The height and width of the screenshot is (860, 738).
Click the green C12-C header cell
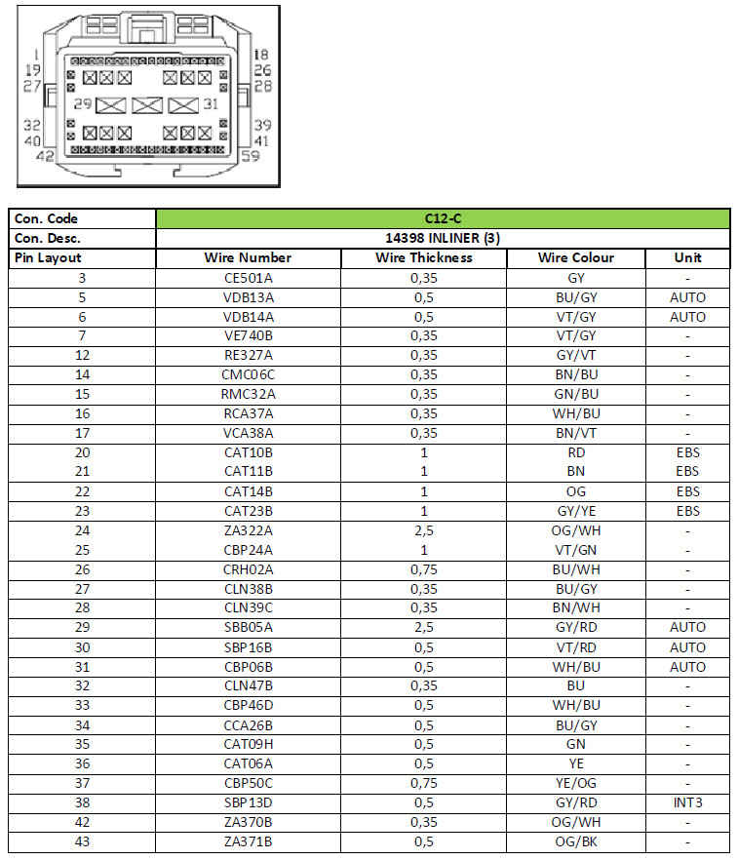(x=443, y=218)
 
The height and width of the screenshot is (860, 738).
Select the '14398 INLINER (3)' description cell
(x=443, y=238)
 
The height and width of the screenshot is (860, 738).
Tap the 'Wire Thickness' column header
(x=424, y=257)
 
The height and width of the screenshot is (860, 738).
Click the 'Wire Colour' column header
(x=575, y=257)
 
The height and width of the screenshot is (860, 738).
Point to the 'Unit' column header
(x=687, y=257)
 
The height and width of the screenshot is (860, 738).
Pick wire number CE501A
(x=248, y=278)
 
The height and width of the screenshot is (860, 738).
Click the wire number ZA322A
(x=248, y=530)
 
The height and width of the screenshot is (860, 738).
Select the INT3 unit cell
(x=687, y=802)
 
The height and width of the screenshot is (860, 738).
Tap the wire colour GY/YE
(x=575, y=511)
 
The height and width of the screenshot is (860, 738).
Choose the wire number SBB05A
(x=248, y=627)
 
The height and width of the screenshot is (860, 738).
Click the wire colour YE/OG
(x=575, y=783)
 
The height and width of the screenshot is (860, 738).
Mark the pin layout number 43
(x=82, y=841)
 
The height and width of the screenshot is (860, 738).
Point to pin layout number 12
(x=82, y=355)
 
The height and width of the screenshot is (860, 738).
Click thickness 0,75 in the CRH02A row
(x=424, y=569)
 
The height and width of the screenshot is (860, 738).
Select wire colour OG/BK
(x=575, y=841)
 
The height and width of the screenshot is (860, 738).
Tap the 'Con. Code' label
(x=47, y=218)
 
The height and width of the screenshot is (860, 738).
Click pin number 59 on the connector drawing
(x=250, y=155)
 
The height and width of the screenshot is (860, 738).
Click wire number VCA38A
(x=248, y=433)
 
